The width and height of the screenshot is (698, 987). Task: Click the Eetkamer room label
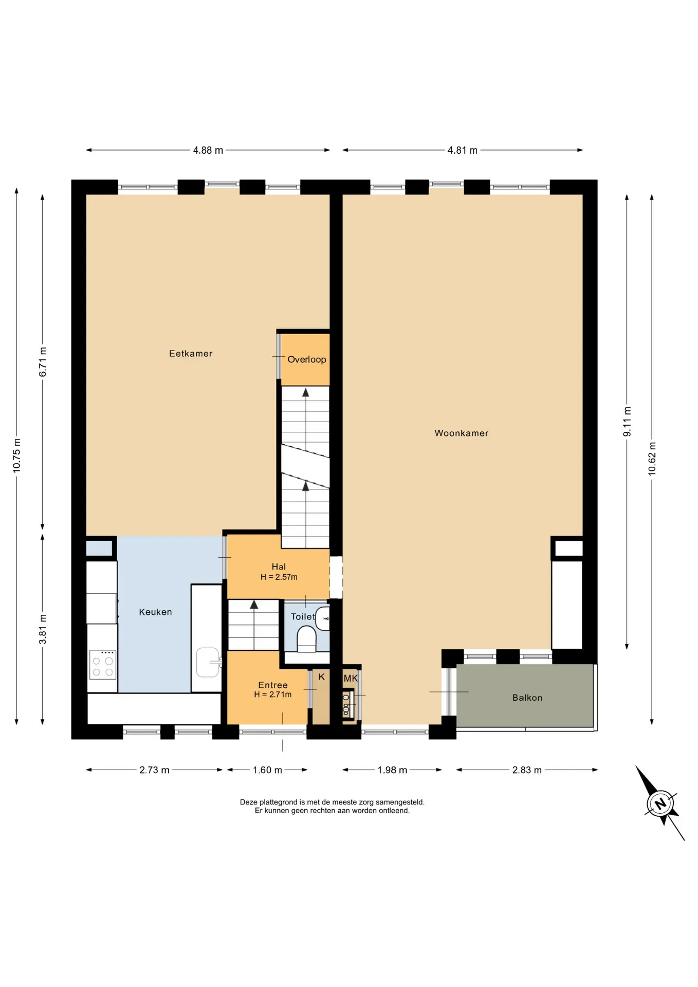tap(191, 354)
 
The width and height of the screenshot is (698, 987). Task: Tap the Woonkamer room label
tap(462, 433)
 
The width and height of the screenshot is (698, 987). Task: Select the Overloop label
tap(307, 360)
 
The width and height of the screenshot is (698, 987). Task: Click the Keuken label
tap(155, 612)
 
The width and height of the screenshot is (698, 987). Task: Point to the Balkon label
tap(527, 698)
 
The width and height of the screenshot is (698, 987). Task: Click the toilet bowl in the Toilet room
tap(307, 639)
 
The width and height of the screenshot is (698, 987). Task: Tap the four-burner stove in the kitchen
tap(103, 665)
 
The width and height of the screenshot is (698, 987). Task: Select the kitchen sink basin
tap(208, 662)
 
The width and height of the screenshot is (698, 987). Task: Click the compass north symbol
tap(660, 803)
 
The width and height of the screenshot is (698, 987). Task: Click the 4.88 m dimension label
tap(208, 151)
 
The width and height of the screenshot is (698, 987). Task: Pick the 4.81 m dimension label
tap(463, 151)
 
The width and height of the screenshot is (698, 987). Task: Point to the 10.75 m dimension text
tap(17, 455)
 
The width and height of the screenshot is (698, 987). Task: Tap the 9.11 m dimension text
tap(627, 422)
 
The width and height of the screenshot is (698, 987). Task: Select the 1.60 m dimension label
tap(267, 770)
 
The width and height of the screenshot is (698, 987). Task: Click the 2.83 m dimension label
tap(527, 770)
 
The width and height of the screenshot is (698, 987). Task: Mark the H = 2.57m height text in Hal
tap(279, 577)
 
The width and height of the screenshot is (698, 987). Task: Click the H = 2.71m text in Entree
tap(273, 694)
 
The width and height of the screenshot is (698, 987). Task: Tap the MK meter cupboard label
tap(351, 679)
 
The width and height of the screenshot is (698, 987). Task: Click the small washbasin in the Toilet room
tap(323, 618)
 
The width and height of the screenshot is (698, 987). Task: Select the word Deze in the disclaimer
tap(249, 802)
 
